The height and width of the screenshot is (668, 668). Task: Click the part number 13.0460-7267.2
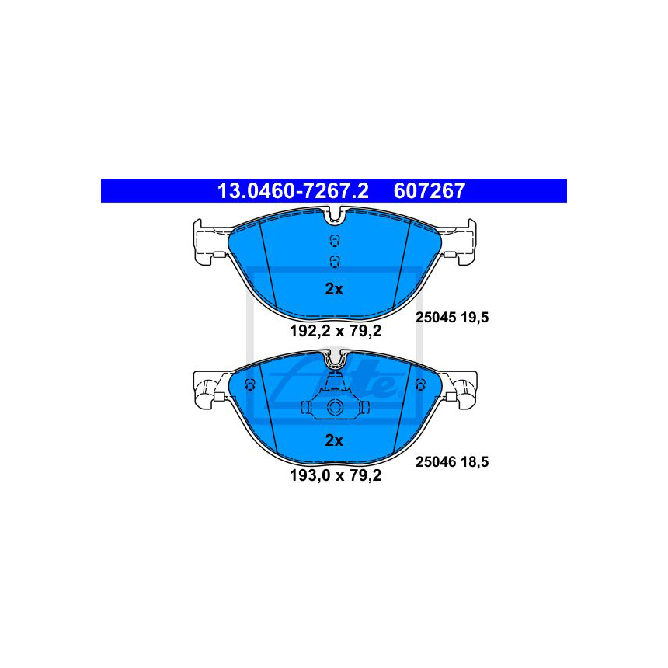click(x=293, y=191)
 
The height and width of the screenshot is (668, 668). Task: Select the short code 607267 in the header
click(x=429, y=191)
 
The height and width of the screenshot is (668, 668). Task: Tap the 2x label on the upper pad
click(x=334, y=289)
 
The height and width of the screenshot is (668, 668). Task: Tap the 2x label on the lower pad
click(x=334, y=440)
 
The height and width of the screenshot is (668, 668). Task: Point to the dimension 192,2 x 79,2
click(x=336, y=331)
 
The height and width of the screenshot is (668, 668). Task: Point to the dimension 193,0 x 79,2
click(x=336, y=475)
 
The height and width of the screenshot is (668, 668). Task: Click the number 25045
click(x=436, y=318)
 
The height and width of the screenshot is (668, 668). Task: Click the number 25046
click(x=436, y=462)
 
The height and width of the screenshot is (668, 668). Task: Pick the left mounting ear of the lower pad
click(x=209, y=390)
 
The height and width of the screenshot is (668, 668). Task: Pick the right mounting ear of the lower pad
click(x=461, y=390)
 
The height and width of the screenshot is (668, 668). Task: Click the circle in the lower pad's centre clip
click(x=335, y=407)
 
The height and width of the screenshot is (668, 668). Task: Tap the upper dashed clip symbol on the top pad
click(x=335, y=241)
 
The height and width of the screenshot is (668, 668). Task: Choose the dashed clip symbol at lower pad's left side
click(x=249, y=384)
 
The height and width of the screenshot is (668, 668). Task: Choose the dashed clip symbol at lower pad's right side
click(x=420, y=384)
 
